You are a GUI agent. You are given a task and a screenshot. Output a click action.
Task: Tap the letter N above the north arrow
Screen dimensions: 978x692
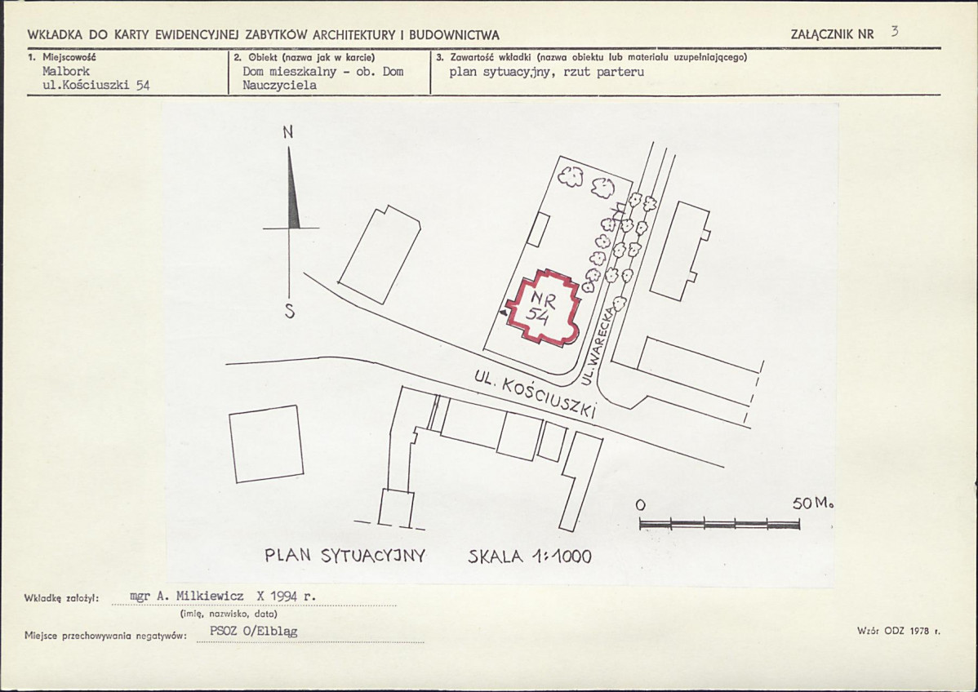(x=287, y=132)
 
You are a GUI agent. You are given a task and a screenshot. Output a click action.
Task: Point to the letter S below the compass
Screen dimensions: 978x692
(x=290, y=312)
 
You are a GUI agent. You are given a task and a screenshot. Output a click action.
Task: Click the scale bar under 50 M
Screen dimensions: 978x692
(x=719, y=524)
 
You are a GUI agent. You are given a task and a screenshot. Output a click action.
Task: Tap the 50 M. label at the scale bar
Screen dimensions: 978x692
(x=813, y=503)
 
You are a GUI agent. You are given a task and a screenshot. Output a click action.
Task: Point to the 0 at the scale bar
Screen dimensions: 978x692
(x=641, y=504)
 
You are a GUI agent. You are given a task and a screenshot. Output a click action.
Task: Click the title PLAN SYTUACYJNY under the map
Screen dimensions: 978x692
(x=345, y=556)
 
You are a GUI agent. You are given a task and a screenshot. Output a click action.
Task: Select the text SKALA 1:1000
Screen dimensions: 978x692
(x=530, y=556)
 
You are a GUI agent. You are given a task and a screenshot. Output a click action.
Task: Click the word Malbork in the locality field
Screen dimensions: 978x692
(x=66, y=71)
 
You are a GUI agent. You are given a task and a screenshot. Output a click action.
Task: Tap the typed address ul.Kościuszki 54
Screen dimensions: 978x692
(x=96, y=86)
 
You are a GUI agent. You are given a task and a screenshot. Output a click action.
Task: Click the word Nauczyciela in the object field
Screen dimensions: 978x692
(x=279, y=86)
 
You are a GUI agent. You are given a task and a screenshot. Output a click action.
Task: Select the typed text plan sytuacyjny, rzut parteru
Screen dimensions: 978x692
(x=547, y=72)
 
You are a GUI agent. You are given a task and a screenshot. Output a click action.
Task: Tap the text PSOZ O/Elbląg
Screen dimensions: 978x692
(x=254, y=631)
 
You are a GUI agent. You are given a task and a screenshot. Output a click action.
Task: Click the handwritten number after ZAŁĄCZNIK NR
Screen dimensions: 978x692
(x=895, y=31)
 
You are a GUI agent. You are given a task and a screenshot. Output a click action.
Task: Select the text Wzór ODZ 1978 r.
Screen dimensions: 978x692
(x=899, y=631)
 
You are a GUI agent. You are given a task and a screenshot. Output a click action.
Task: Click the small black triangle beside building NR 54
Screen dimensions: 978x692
(x=503, y=313)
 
